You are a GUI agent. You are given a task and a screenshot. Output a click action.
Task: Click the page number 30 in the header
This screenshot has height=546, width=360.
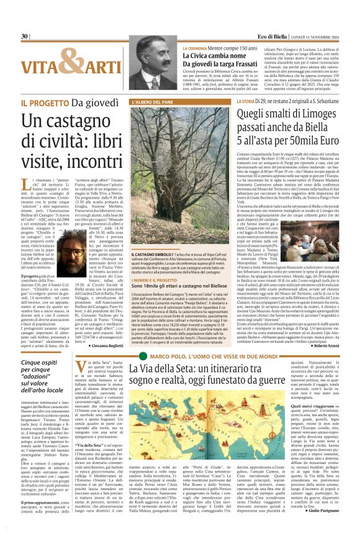pyautogui.click(x=24, y=37)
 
